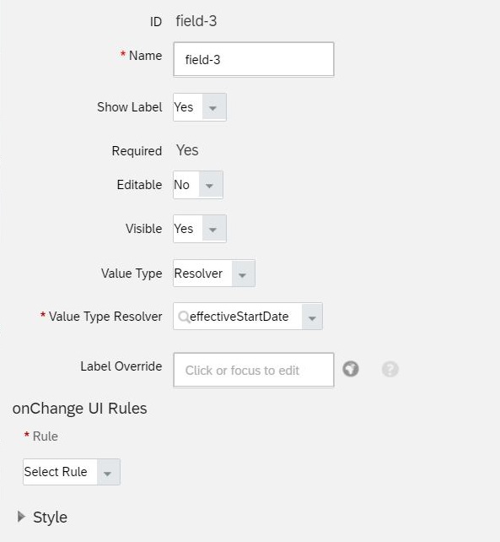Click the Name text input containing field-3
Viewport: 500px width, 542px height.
pyautogui.click(x=254, y=59)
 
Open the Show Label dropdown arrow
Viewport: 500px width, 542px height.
pyautogui.click(x=214, y=107)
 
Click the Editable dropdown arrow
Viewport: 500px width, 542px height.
pyautogui.click(x=211, y=185)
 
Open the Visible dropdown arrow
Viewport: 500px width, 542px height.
pyautogui.click(x=214, y=229)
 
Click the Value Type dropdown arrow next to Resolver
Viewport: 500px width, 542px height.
pyautogui.click(x=244, y=274)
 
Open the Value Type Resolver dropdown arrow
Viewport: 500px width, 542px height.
pyautogui.click(x=312, y=317)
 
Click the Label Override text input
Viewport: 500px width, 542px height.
pyautogui.click(x=254, y=370)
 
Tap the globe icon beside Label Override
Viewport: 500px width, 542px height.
pyautogui.click(x=351, y=369)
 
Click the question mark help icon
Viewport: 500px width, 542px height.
pyautogui.click(x=390, y=369)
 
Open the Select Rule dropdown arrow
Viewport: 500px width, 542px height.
pyautogui.click(x=109, y=472)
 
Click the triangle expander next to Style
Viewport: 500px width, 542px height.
pyautogui.click(x=21, y=517)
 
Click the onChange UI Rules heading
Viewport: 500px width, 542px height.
pyautogui.click(x=80, y=409)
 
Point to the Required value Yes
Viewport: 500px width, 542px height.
pyautogui.click(x=187, y=150)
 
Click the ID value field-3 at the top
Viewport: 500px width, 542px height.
pyautogui.click(x=196, y=21)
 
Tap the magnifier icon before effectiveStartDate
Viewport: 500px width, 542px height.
pyautogui.click(x=184, y=317)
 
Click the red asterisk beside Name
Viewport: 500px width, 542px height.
pyautogui.click(x=122, y=53)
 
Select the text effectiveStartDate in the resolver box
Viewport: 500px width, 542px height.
pyautogui.click(x=239, y=317)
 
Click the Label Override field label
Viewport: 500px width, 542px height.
pyautogui.click(x=121, y=366)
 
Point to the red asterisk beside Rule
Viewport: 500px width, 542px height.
pyautogui.click(x=27, y=434)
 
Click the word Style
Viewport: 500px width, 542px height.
pyautogui.click(x=50, y=518)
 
